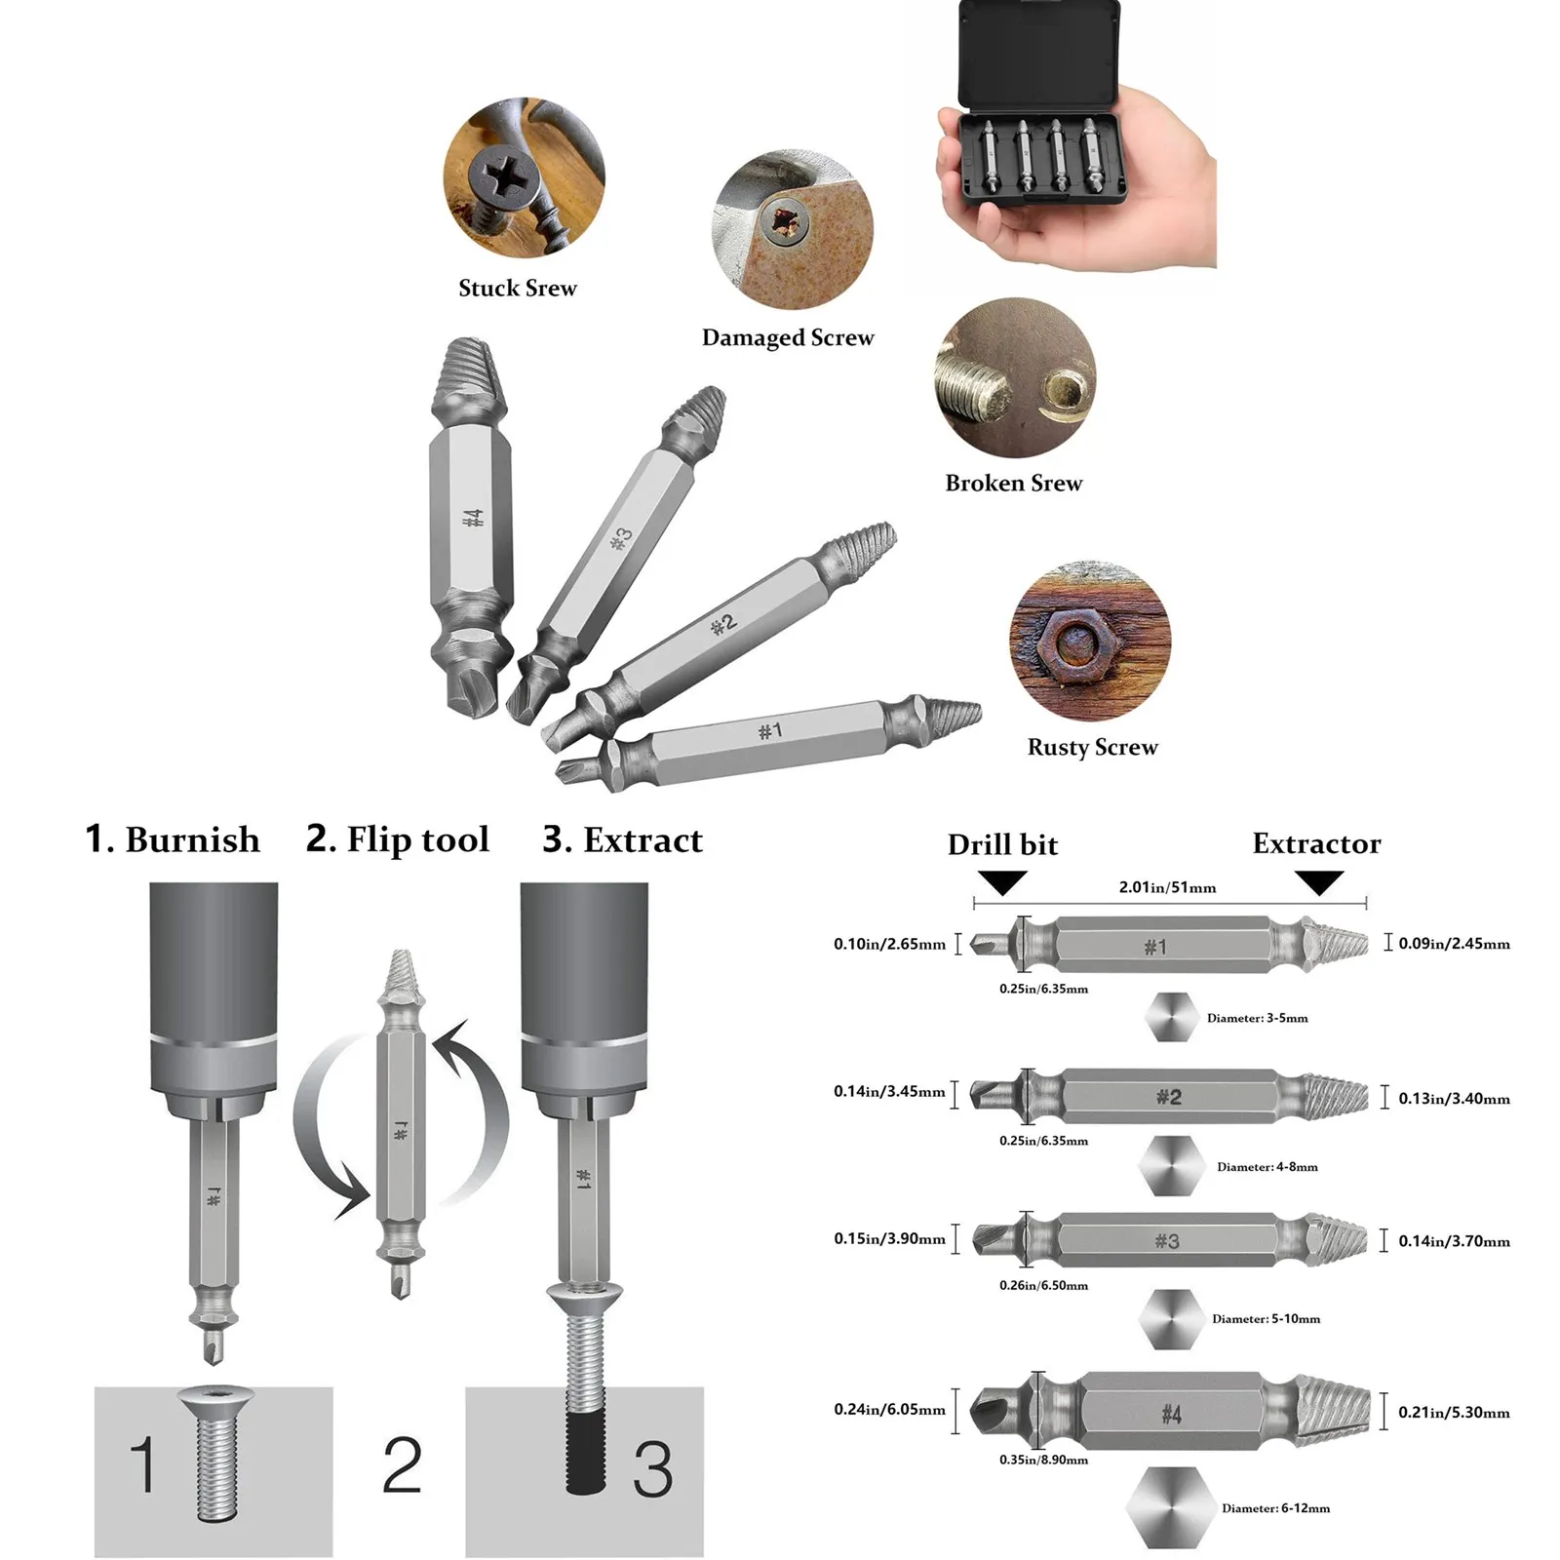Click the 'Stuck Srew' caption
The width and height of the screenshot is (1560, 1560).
(x=518, y=289)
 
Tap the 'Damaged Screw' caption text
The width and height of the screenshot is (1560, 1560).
(x=788, y=338)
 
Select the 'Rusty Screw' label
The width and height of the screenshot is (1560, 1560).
(x=1092, y=748)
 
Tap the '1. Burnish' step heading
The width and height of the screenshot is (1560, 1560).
(x=173, y=840)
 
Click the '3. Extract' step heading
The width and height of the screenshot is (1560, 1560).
(x=622, y=840)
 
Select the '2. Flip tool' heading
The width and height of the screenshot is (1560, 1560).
(x=398, y=840)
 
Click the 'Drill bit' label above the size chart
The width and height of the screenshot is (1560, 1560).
(x=1002, y=845)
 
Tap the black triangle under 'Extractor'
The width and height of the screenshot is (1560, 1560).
(x=1320, y=882)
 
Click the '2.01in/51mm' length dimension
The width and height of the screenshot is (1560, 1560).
(x=1167, y=888)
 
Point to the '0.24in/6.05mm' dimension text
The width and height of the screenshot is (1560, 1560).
(x=889, y=1410)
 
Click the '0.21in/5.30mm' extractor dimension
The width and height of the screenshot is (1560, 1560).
(x=1454, y=1413)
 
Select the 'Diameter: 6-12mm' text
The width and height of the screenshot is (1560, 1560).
(x=1275, y=1508)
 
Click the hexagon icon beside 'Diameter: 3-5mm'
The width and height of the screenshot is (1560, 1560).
(x=1171, y=1018)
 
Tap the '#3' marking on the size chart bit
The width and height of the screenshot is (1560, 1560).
(x=1167, y=1241)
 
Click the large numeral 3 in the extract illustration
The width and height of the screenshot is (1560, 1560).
(x=652, y=1470)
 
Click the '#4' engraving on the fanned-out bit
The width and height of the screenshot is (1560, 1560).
(x=472, y=518)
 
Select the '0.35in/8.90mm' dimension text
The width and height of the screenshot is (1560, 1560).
(x=1043, y=1461)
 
